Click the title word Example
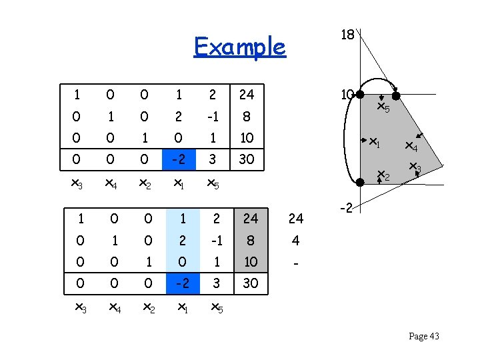tap(239, 47)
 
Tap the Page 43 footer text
tap(423, 337)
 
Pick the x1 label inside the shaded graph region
tap(375, 142)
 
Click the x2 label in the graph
tap(383, 176)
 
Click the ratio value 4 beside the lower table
tap(295, 241)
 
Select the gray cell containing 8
tap(250, 241)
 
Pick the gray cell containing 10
tap(250, 262)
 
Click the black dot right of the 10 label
tap(360, 95)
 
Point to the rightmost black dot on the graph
tap(395, 95)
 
